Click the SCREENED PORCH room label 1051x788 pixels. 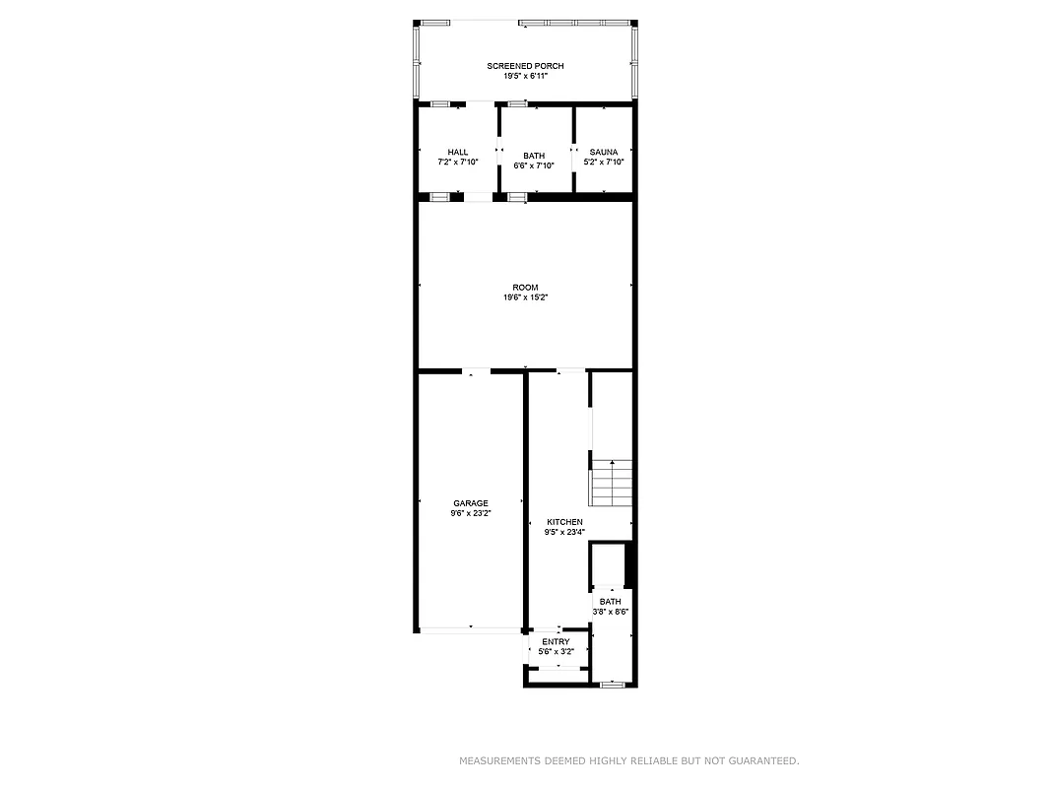525,66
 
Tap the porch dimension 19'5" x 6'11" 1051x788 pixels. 525,76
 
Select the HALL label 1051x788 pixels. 458,152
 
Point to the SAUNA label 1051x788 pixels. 604,152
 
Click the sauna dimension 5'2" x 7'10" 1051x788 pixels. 604,162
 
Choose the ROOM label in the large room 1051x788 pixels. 525,288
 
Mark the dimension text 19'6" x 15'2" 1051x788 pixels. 525,297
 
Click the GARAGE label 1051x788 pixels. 471,503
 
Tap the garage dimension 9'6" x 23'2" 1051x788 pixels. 471,513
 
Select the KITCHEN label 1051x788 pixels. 565,522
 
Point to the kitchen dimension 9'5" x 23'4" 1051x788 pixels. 565,532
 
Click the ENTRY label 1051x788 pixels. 556,642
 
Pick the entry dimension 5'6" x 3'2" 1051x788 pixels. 556,652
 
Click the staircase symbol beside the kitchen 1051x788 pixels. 611,483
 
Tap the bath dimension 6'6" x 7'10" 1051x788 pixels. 534,165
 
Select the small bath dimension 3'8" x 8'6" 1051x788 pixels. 611,612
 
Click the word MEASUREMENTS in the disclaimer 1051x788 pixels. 499,760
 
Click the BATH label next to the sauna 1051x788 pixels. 534,156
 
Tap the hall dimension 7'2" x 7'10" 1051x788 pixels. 458,162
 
